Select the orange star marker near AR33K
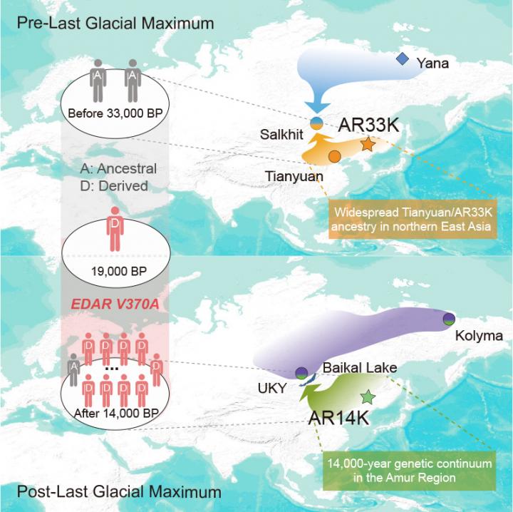pos(368,145)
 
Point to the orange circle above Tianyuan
pos(333,155)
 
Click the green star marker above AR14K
pos(368,396)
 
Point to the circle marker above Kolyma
pos(449,318)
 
